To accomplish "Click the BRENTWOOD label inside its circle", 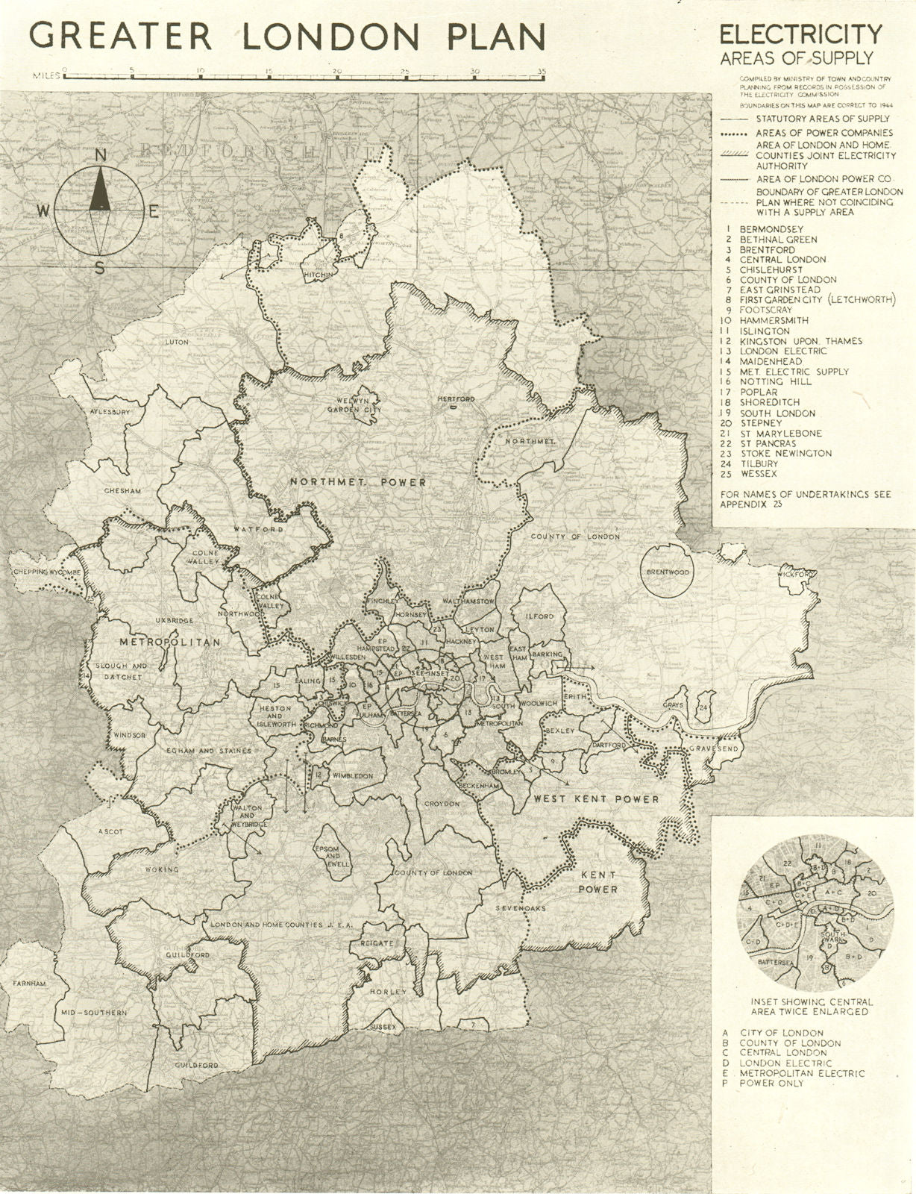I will coord(668,572).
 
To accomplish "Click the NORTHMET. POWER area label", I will coord(358,482).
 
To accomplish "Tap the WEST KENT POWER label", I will coord(596,798).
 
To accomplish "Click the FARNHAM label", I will coord(29,984).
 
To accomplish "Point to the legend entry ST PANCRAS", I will coord(768,443).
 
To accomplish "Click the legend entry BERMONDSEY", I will coord(771,228).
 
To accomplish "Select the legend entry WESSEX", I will coord(759,474).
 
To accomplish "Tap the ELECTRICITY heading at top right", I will coord(800,34).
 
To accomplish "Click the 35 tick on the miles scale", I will coord(542,72).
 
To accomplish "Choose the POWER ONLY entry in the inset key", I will coord(772,1083).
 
